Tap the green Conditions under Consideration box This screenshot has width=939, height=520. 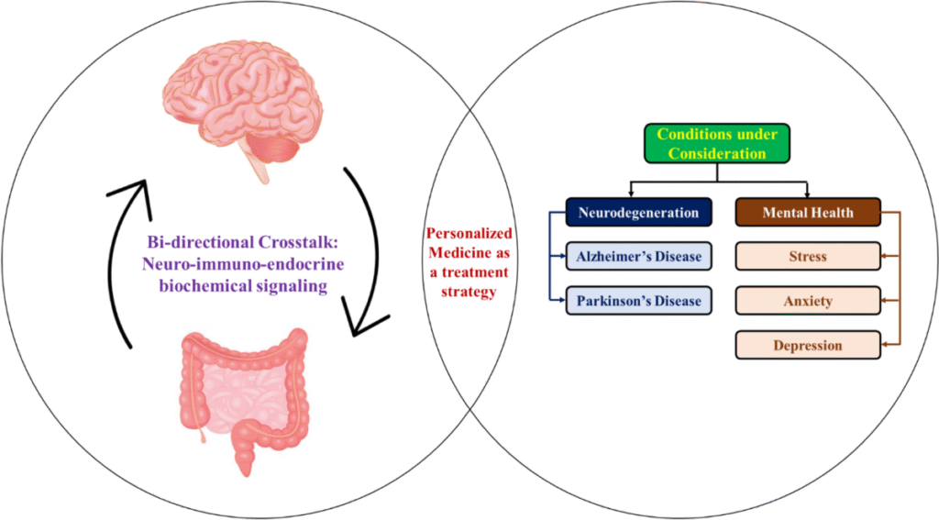tap(717, 144)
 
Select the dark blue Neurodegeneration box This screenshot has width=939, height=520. tap(638, 213)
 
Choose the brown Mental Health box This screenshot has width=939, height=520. tap(808, 213)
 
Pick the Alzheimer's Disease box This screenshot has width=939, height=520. tap(638, 257)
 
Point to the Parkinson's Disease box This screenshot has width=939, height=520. tap(638, 301)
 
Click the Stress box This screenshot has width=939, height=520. tap(808, 257)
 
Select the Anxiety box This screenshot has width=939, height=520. tap(808, 301)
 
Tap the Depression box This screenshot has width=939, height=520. tap(808, 346)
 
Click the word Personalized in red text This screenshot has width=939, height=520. tap(469, 234)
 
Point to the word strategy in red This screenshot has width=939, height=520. tap(469, 292)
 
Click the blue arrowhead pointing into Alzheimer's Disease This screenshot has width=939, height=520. tap(562, 257)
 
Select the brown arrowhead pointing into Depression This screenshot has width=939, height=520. tap(884, 346)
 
